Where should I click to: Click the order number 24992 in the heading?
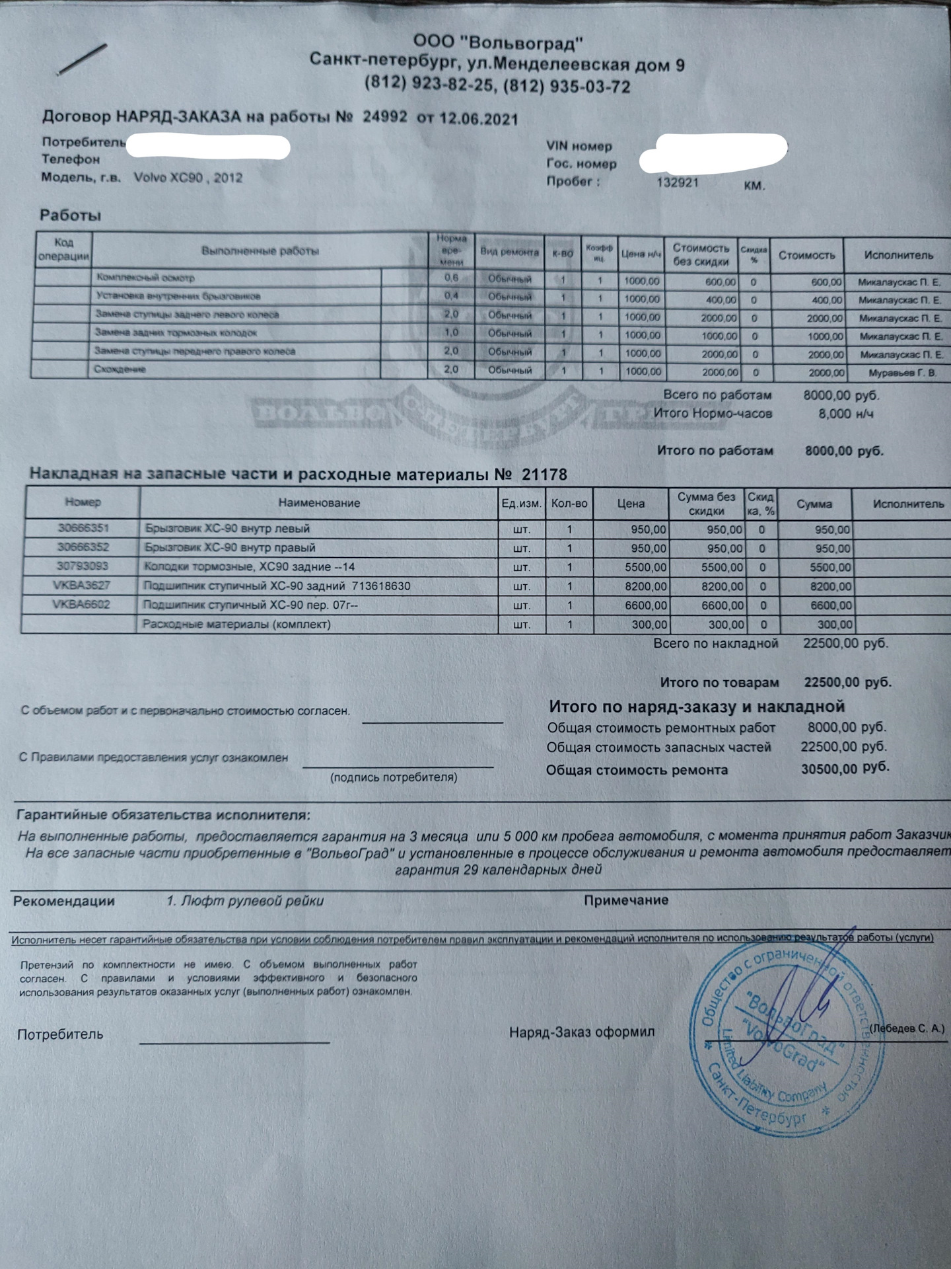384,118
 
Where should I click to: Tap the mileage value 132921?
677,183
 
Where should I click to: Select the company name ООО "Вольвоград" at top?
499,44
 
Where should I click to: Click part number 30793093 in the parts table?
83,566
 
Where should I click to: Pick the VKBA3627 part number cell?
83,586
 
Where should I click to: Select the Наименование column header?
319,503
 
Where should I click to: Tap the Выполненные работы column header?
260,251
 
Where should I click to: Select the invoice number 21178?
544,475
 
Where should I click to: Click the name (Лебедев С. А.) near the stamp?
907,1028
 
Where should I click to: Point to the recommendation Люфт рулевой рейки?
251,901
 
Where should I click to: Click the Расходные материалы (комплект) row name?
237,624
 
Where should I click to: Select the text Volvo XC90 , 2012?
188,178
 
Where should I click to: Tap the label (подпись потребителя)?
394,777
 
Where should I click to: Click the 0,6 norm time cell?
451,278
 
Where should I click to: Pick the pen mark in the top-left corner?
82,59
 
